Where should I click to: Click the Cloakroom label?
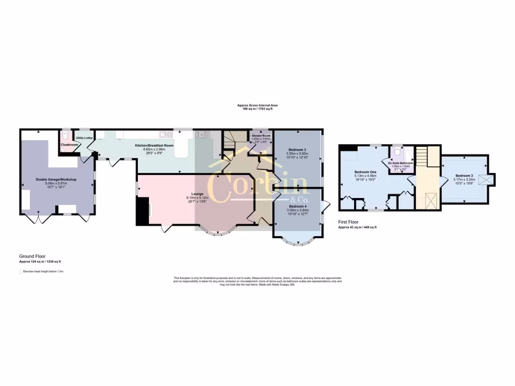pyautogui.click(x=69, y=145)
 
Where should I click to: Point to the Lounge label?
pyautogui.click(x=197, y=194)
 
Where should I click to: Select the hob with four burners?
pyautogui.click(x=202, y=135)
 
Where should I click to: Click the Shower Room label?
pyautogui.click(x=261, y=136)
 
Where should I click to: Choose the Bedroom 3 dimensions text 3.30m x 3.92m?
pyautogui.click(x=297, y=154)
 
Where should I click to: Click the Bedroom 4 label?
pyautogui.click(x=297, y=206)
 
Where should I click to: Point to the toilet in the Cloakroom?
pyautogui.click(x=64, y=135)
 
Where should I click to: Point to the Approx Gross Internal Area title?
pyautogui.click(x=257, y=105)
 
